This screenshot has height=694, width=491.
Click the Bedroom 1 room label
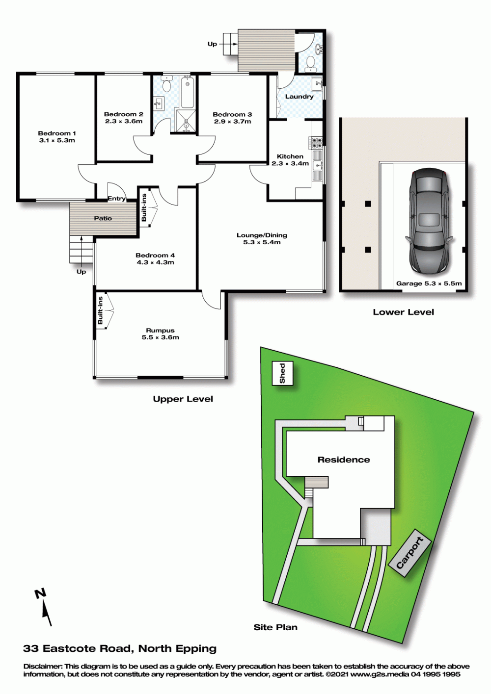[x=57, y=133]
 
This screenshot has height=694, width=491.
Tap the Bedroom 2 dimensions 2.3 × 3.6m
[x=124, y=122]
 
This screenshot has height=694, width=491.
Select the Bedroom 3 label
[x=232, y=114]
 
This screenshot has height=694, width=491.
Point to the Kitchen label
[x=290, y=156]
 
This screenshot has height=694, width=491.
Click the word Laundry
[x=300, y=97]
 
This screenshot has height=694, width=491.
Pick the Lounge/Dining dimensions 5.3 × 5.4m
[x=262, y=242]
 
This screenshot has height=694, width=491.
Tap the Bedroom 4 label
[x=155, y=256]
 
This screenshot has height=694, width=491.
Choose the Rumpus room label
[x=160, y=331]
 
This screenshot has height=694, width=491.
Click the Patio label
[x=103, y=218]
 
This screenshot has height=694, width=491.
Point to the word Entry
[x=117, y=199]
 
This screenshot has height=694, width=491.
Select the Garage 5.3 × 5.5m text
[x=429, y=283]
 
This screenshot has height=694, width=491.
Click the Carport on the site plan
[x=409, y=553]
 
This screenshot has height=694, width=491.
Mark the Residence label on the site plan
[x=344, y=460]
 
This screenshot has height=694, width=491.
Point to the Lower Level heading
[x=403, y=312]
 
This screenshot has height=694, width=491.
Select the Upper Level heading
[x=183, y=399]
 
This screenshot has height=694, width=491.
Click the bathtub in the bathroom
[x=188, y=93]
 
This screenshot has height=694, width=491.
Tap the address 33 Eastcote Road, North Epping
[x=120, y=648]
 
